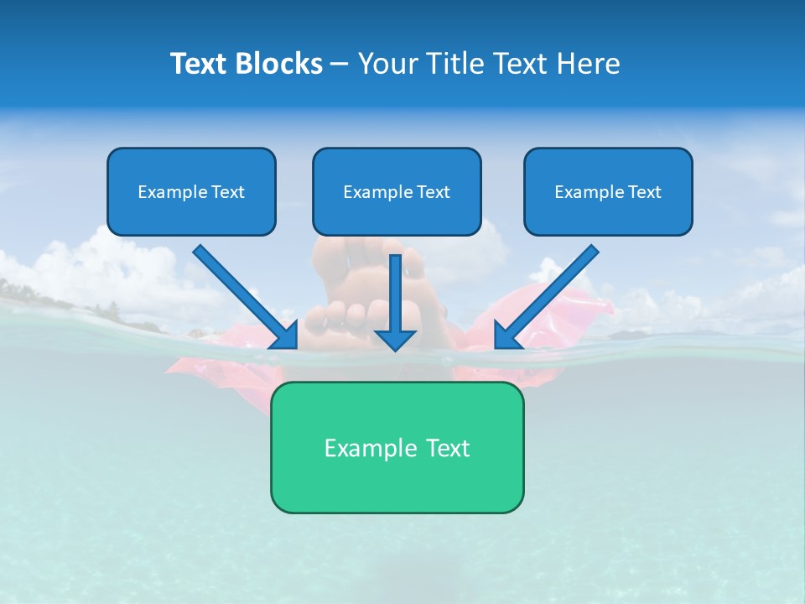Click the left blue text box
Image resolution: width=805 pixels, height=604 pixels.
[191, 191]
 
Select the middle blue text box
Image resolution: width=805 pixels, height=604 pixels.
[397, 191]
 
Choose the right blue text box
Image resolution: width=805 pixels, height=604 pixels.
[608, 191]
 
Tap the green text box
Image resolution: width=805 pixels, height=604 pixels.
[397, 447]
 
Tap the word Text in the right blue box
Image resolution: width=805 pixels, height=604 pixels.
[644, 192]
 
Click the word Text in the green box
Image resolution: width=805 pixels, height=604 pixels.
[448, 448]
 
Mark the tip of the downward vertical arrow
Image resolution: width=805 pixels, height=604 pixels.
[395, 348]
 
